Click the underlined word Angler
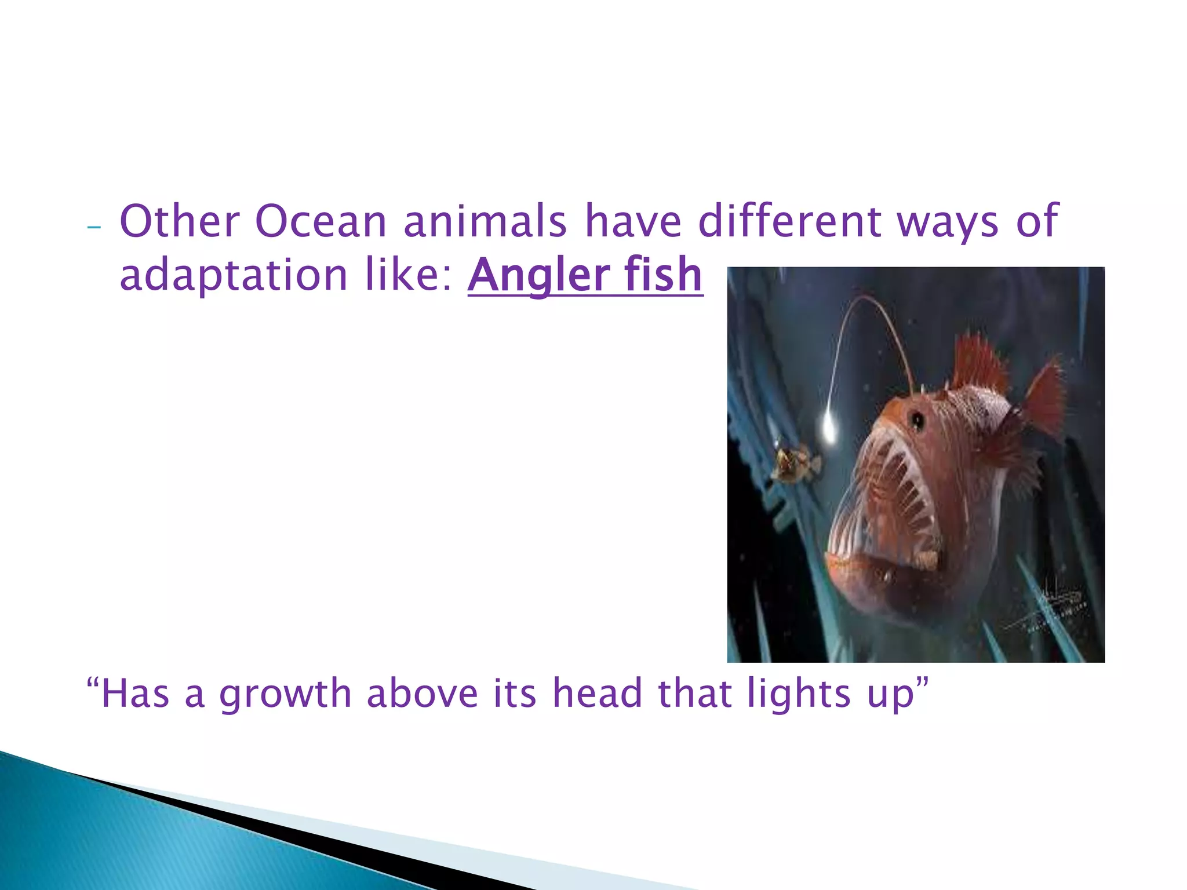(531, 276)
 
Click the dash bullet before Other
(93, 227)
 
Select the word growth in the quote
(285, 694)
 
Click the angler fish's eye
(917, 419)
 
